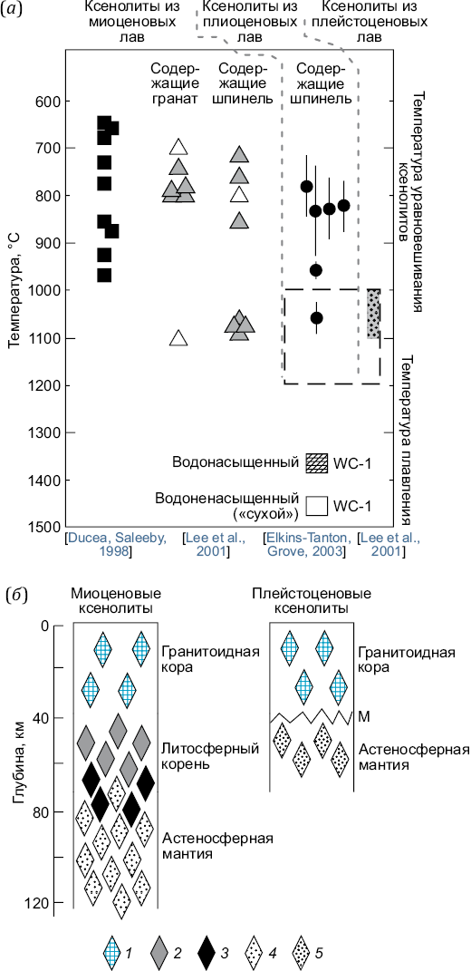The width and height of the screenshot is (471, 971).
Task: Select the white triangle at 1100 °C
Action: point(178,337)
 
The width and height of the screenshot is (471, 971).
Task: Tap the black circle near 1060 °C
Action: point(316,317)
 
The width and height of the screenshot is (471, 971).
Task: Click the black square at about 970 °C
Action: point(104,275)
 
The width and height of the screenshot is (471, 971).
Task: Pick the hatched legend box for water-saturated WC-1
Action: point(316,462)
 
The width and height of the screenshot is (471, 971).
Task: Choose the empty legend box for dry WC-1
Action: point(316,505)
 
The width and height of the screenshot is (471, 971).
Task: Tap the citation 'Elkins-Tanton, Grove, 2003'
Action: point(307,543)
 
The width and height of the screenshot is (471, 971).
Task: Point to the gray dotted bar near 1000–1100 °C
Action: point(373,314)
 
